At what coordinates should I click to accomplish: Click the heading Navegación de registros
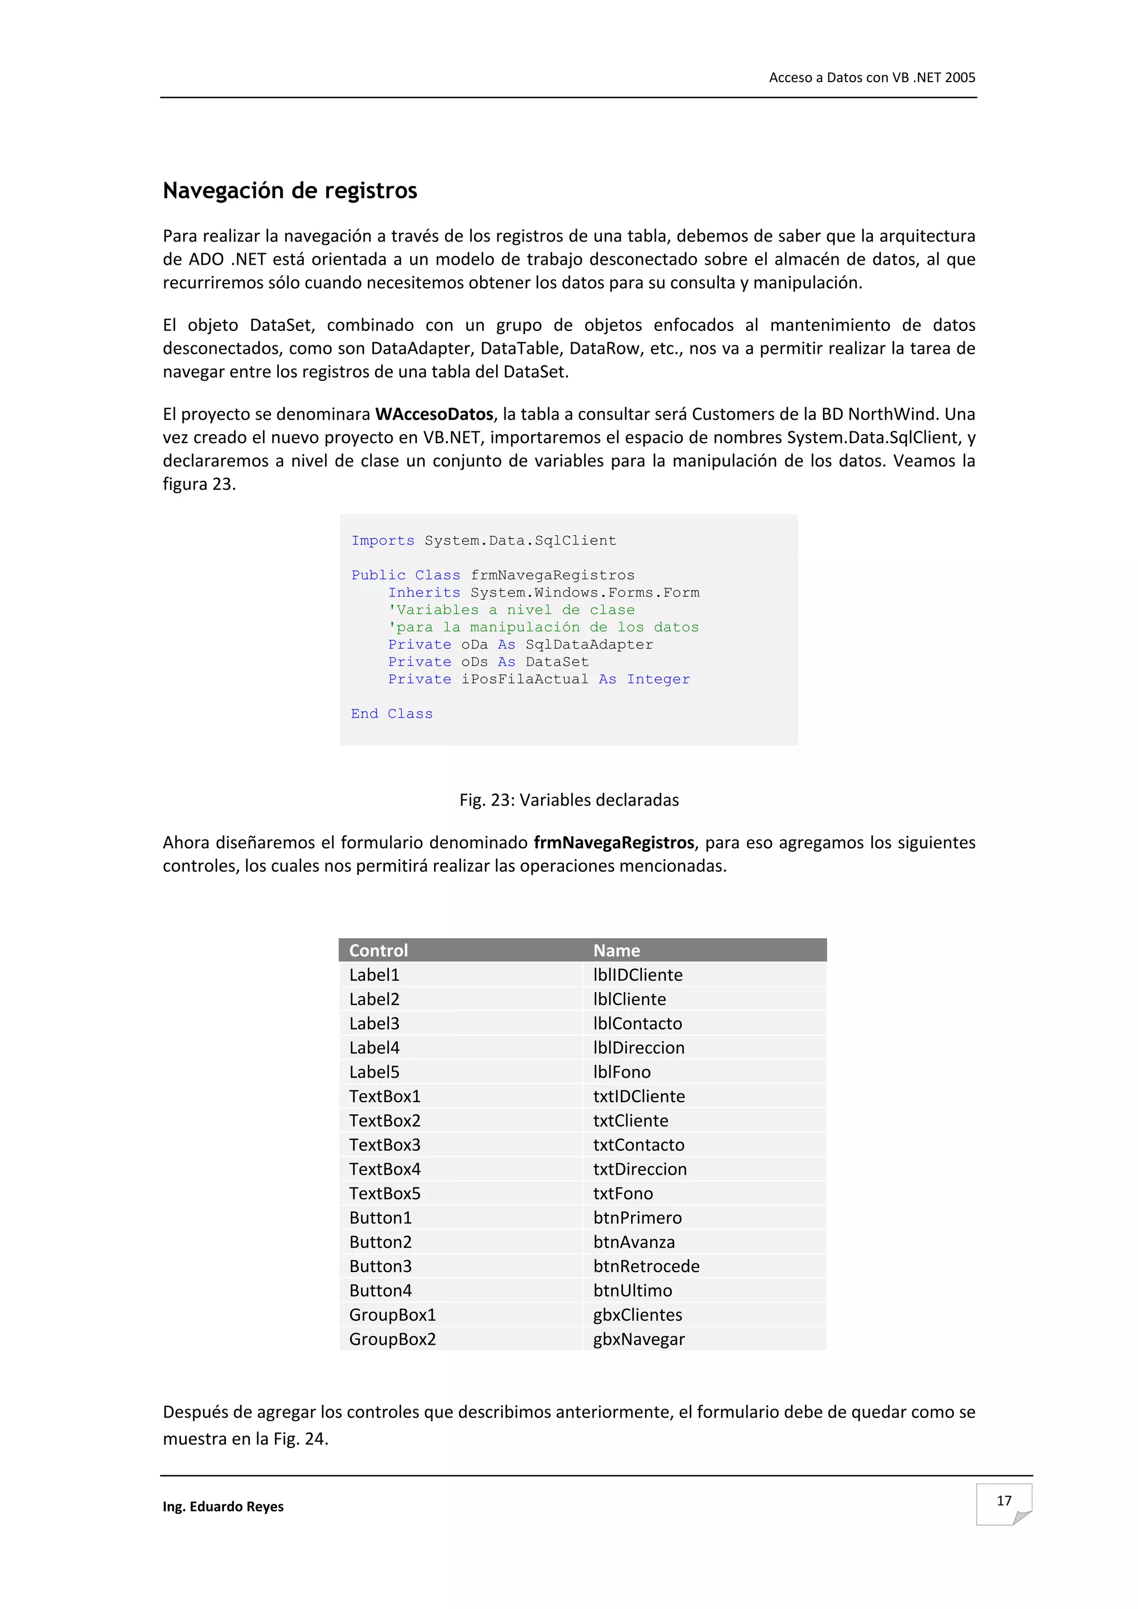[x=290, y=190]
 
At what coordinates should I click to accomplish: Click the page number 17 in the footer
[x=1004, y=1500]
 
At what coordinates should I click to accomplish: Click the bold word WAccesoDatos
[x=434, y=414]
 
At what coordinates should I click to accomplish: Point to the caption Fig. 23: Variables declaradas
[x=568, y=800]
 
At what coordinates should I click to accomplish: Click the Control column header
[x=378, y=951]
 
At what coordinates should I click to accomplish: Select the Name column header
[x=616, y=951]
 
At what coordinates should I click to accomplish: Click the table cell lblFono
[x=621, y=1072]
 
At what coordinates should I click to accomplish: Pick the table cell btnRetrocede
[x=646, y=1266]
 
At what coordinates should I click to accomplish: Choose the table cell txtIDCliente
[x=639, y=1096]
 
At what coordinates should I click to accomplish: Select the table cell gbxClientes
[x=637, y=1315]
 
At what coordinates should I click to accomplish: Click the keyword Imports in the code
[x=383, y=540]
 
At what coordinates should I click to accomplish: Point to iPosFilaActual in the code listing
[x=525, y=679]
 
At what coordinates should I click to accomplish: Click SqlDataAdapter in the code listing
[x=589, y=645]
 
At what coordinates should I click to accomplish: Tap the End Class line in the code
[x=392, y=713]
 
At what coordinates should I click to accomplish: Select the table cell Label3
[x=375, y=1023]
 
